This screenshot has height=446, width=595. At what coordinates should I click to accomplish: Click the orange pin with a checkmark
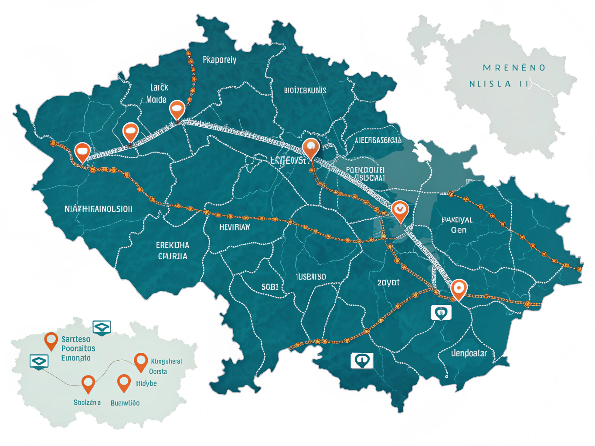(x=400, y=210)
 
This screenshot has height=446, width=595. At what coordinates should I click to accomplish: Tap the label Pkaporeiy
(x=219, y=60)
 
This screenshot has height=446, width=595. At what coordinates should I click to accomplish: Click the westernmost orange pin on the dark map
(x=82, y=152)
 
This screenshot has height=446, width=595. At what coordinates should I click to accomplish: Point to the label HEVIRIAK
(x=235, y=227)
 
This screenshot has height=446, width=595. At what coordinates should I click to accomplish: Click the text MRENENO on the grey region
(x=514, y=68)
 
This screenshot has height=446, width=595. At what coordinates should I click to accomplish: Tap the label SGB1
(x=270, y=287)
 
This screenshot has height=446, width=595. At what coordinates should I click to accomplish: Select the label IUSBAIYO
(x=311, y=277)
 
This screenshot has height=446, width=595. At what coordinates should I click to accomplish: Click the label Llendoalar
(x=469, y=353)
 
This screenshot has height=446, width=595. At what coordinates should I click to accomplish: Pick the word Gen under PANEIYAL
(x=459, y=230)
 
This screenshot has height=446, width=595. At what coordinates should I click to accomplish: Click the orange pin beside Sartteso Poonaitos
(x=51, y=341)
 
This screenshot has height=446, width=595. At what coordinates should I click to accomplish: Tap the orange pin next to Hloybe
(x=124, y=382)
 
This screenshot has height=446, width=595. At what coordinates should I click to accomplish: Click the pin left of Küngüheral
(x=141, y=361)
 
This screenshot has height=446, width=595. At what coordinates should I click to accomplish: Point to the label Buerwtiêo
(x=125, y=403)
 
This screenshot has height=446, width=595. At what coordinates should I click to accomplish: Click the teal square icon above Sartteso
(x=102, y=327)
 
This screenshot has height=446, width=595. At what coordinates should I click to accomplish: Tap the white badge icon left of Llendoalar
(x=441, y=312)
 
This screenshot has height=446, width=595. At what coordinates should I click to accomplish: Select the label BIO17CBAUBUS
(x=305, y=91)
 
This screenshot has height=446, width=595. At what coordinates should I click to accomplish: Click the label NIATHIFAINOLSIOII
(x=98, y=209)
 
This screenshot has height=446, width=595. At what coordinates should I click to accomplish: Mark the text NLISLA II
(x=499, y=84)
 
